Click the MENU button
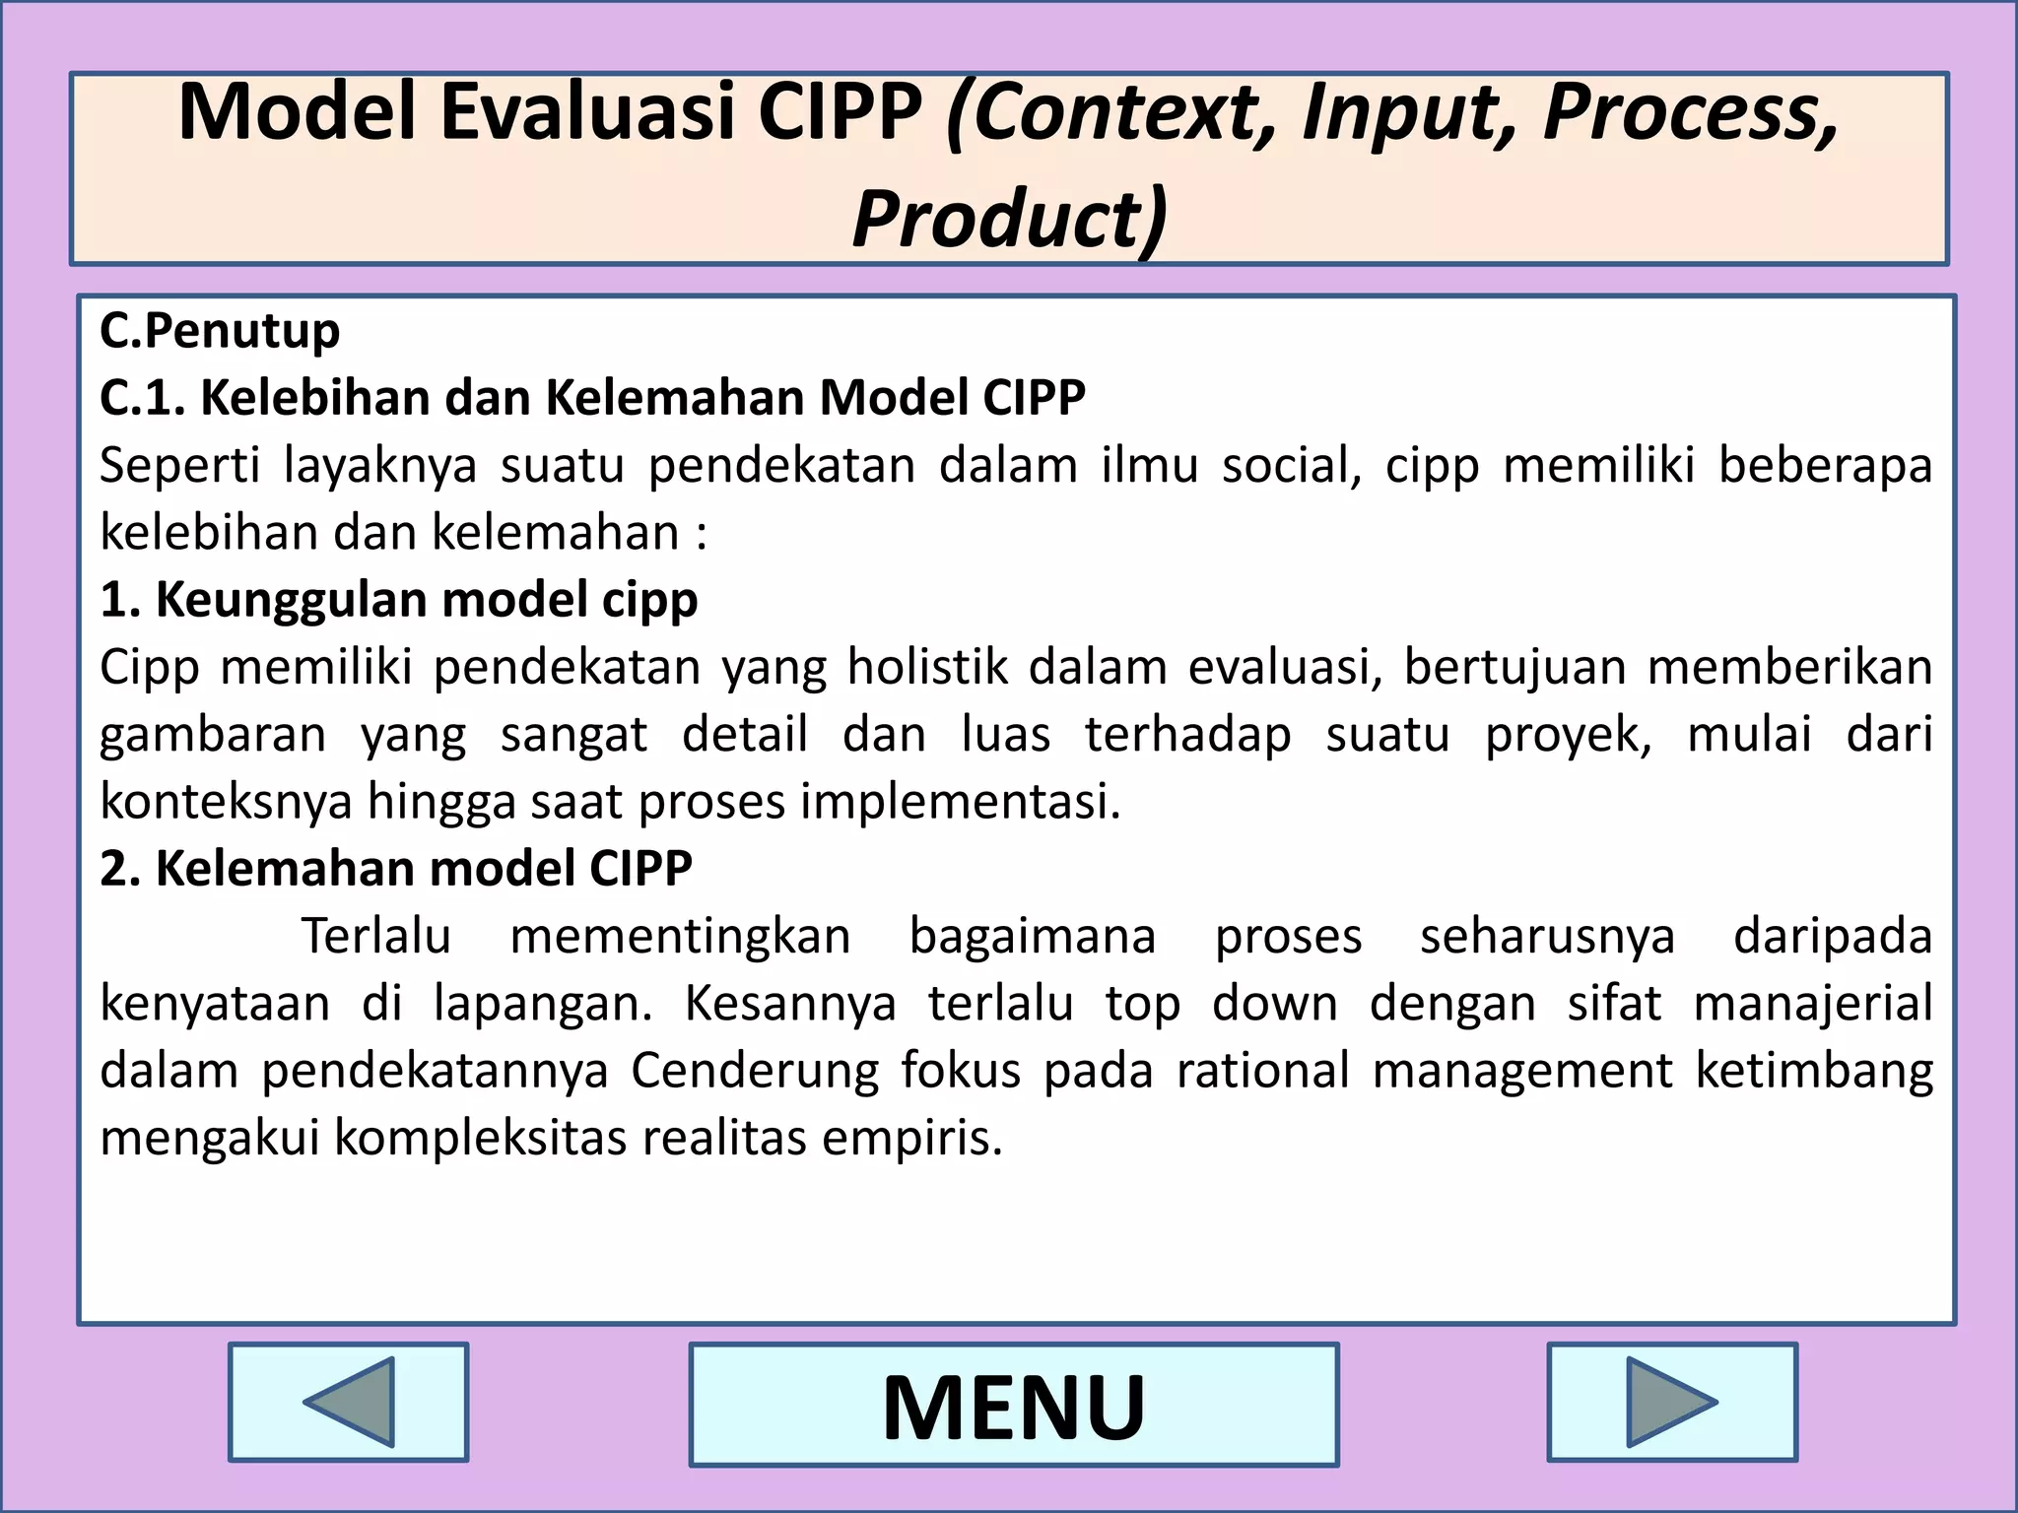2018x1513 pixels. point(1013,1405)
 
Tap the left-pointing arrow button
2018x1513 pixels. point(348,1402)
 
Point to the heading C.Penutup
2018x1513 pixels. point(220,331)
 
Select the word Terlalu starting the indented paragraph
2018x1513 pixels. point(375,936)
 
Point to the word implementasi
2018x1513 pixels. point(960,802)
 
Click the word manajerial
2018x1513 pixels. point(1813,1004)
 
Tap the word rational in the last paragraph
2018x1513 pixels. point(1262,1071)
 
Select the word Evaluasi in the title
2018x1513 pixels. point(587,112)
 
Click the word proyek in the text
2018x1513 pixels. point(1567,735)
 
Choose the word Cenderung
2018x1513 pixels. point(754,1071)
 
